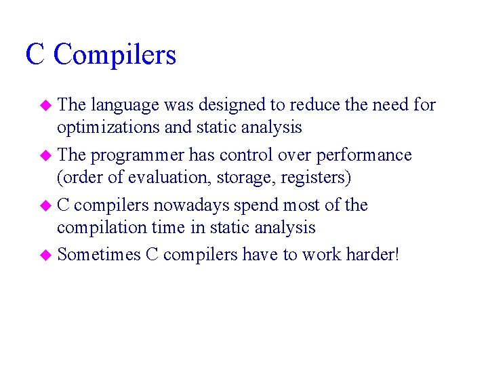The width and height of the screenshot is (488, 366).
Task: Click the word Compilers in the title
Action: click(x=115, y=55)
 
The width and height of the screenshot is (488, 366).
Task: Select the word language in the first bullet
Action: click(x=125, y=105)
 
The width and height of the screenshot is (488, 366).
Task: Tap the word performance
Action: click(x=366, y=155)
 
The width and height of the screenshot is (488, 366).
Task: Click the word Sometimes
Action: click(x=99, y=254)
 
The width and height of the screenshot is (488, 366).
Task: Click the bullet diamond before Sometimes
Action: click(x=47, y=256)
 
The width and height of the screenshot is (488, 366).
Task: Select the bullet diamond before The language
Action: click(x=47, y=106)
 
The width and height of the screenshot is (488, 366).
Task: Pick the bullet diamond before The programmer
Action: click(x=47, y=156)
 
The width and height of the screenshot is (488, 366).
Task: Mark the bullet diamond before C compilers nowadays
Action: click(x=47, y=205)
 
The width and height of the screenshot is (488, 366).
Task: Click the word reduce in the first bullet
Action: click(x=315, y=105)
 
